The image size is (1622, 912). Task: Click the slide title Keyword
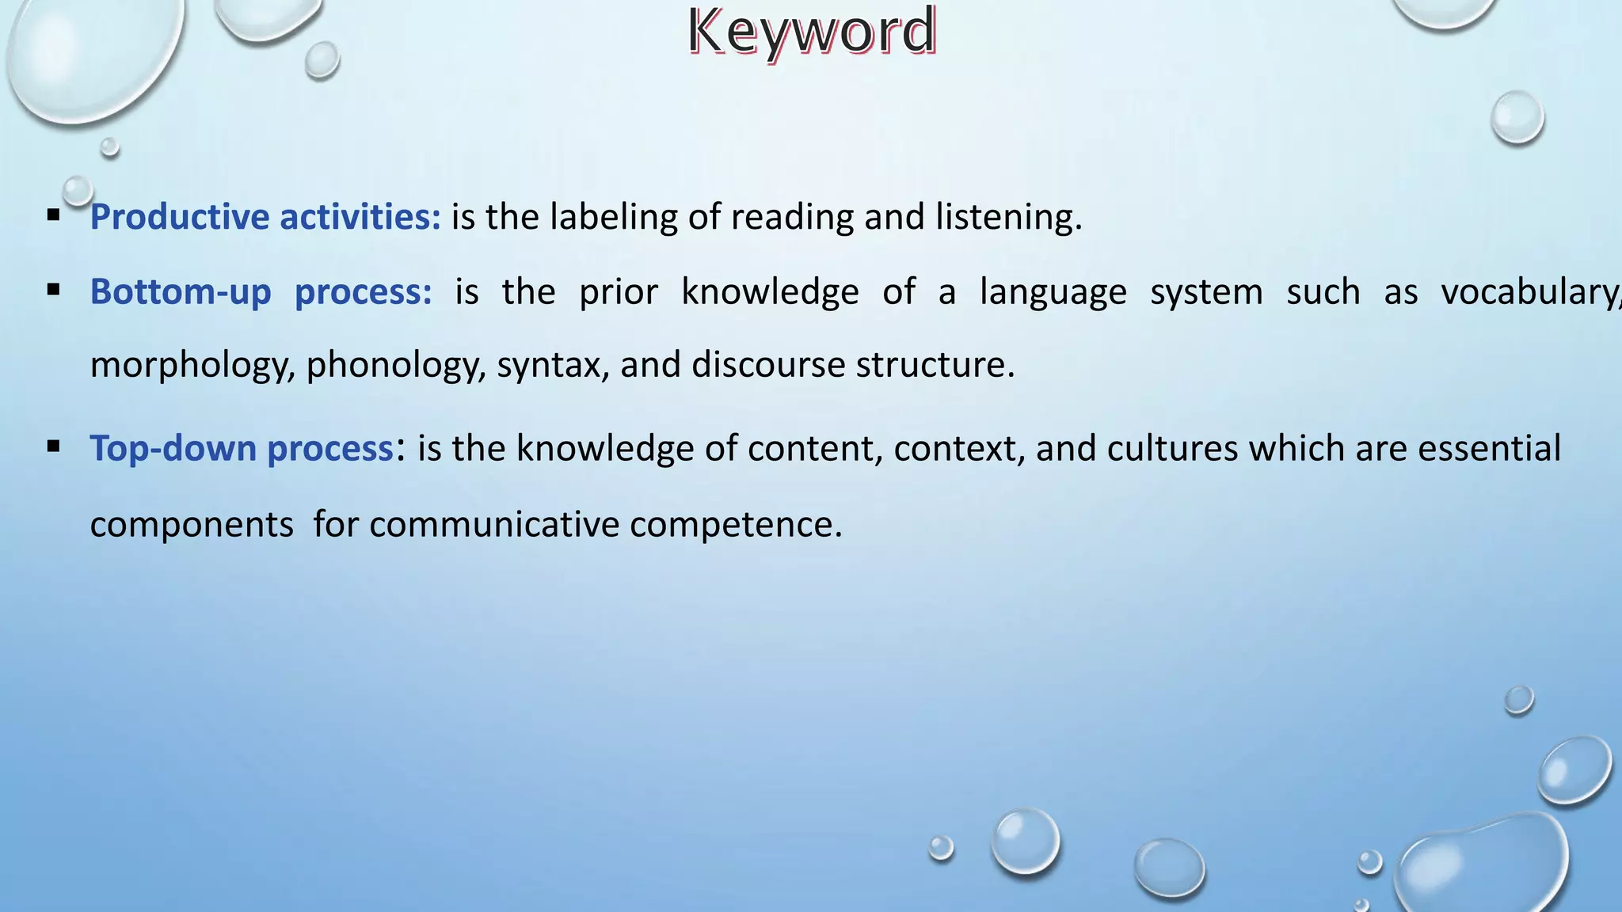click(812, 32)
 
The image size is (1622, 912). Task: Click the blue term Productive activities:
click(265, 217)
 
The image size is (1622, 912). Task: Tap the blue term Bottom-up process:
click(261, 292)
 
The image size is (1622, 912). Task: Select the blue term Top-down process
click(242, 448)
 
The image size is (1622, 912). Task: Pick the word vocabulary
click(1529, 292)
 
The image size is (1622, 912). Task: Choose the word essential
click(1489, 448)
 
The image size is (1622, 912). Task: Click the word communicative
click(493, 524)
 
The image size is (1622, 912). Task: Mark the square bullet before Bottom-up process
click(54, 291)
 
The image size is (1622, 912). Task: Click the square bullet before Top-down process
click(54, 446)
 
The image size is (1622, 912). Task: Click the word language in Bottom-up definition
click(1053, 292)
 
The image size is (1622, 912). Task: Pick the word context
click(959, 448)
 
